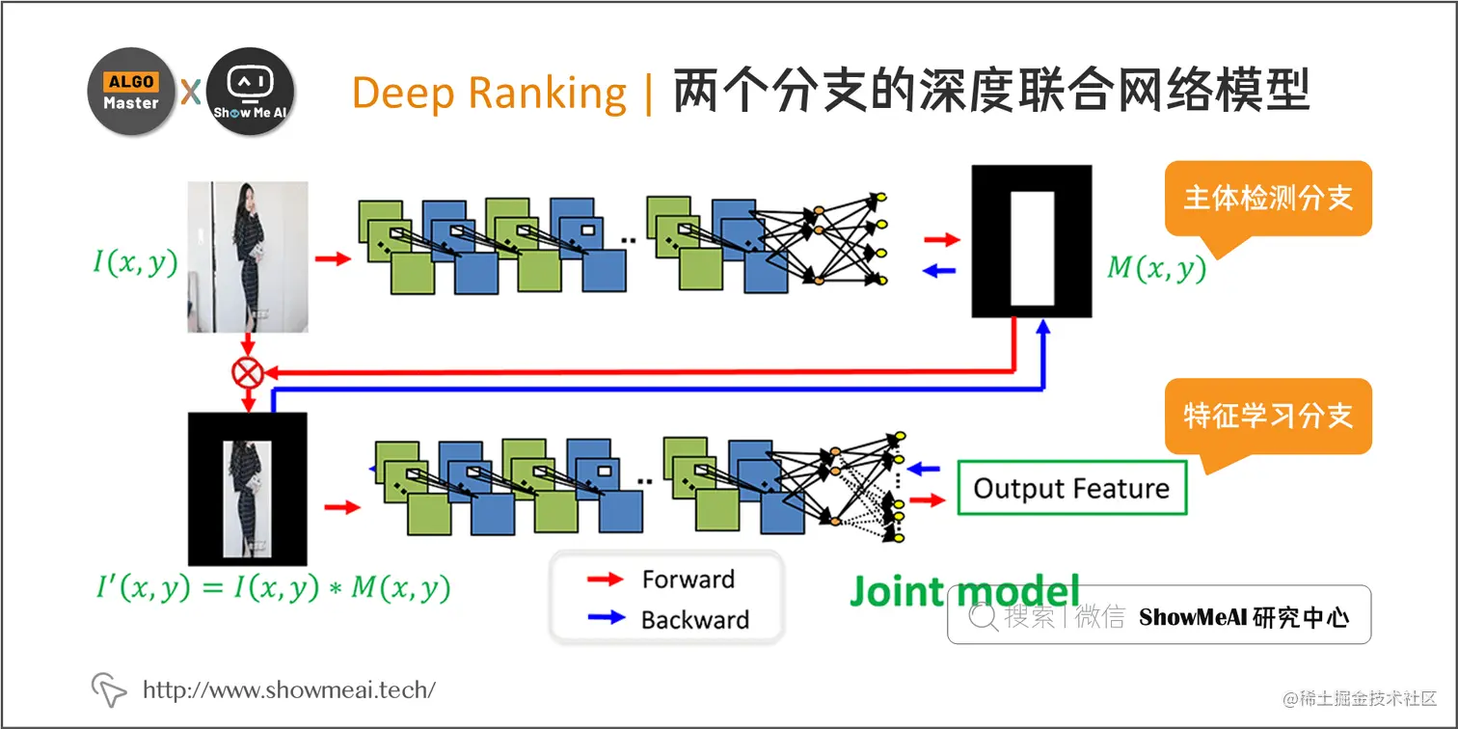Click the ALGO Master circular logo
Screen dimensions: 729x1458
(131, 92)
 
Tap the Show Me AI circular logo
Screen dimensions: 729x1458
(250, 92)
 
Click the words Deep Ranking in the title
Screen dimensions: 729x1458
(489, 94)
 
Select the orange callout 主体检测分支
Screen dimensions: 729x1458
(1267, 199)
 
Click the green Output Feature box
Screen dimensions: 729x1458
(1071, 488)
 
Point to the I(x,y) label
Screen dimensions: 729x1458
(135, 261)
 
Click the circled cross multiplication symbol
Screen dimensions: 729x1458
(249, 372)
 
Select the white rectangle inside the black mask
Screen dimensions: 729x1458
(1032, 247)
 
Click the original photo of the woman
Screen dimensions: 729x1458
(248, 256)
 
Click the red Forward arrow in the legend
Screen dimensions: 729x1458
(607, 580)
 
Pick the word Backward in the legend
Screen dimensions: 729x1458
(694, 619)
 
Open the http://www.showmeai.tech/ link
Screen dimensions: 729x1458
(289, 689)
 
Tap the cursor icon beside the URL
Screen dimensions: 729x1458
(109, 688)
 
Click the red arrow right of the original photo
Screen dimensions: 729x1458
(333, 258)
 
